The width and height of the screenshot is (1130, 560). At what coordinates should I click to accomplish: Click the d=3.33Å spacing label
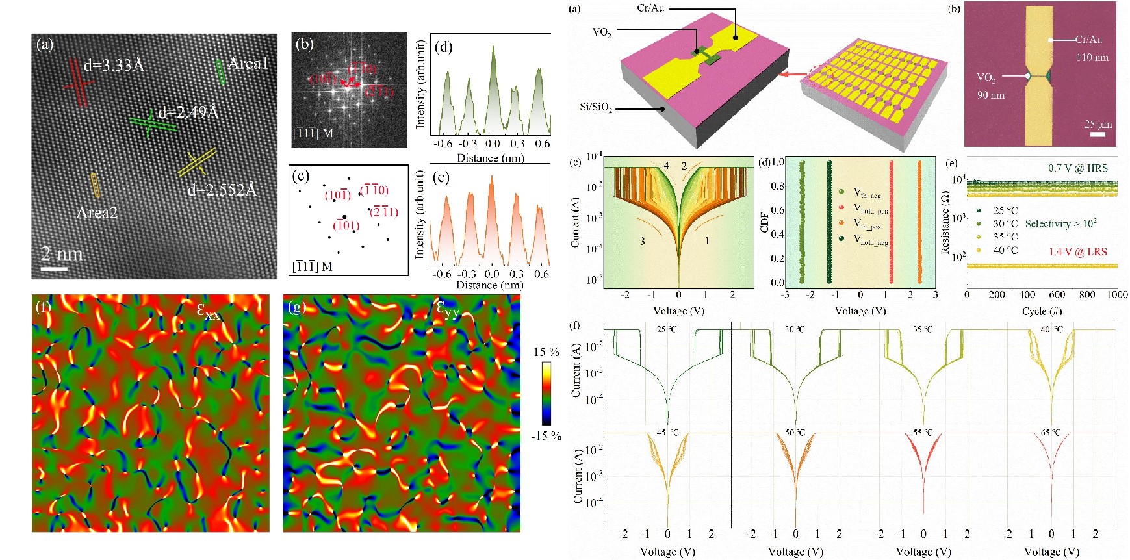tap(114, 66)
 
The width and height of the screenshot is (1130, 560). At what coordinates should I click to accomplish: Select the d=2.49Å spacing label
tap(188, 112)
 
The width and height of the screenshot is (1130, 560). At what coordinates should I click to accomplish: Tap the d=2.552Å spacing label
tap(222, 190)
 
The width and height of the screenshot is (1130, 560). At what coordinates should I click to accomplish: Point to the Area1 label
tap(248, 64)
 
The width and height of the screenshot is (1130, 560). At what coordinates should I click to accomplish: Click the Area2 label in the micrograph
tap(97, 213)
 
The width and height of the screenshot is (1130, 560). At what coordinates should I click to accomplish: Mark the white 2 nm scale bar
tap(55, 268)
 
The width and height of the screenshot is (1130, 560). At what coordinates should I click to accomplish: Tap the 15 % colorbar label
tap(546, 352)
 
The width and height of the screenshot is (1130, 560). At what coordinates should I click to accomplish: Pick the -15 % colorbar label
tap(546, 436)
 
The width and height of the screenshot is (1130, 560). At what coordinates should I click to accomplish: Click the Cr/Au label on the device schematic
tap(650, 8)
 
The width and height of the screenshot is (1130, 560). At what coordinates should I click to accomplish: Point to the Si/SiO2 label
tap(596, 107)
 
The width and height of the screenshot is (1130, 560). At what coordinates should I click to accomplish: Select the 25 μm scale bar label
tap(1098, 124)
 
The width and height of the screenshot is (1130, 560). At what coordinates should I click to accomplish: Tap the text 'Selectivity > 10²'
tap(1060, 223)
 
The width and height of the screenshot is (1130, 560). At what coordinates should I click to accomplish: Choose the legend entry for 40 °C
tap(1005, 250)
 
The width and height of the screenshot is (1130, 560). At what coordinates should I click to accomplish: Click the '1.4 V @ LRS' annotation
tap(1077, 251)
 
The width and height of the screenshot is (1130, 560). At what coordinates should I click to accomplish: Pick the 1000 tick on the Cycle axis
tap(1117, 295)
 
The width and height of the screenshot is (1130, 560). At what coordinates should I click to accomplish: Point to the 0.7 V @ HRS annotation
tap(1077, 168)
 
